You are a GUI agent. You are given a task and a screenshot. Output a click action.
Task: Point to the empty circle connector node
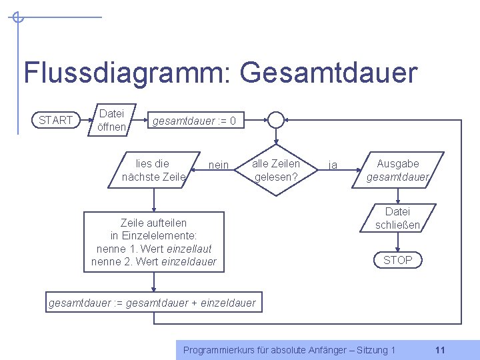coord(276,112)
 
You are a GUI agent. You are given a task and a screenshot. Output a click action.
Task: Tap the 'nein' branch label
coord(219,165)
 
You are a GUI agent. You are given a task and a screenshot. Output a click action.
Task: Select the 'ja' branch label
coord(333,165)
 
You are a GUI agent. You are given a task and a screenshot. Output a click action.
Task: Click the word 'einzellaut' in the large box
coord(189,249)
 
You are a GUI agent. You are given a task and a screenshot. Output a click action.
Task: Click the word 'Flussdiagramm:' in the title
coord(127,73)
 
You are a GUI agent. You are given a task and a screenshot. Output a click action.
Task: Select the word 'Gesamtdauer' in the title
coord(329,73)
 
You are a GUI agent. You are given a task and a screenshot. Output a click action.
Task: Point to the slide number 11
coord(440,350)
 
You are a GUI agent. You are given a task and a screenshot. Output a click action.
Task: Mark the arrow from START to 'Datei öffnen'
coord(87,120)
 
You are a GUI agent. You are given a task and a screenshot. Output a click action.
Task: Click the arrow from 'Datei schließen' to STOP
coord(397,242)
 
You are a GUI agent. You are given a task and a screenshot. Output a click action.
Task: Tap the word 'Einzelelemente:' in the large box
coord(159,236)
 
